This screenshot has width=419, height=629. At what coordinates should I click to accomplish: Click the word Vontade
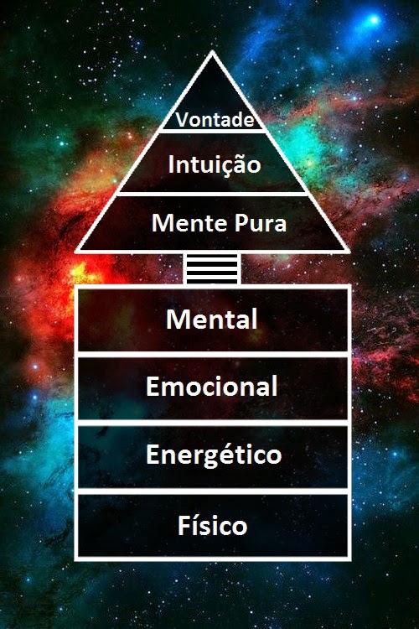click(215, 120)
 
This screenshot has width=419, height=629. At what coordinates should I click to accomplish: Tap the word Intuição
click(215, 165)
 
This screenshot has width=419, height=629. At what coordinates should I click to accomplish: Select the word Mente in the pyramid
click(189, 223)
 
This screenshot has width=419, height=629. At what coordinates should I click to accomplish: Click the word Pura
click(261, 223)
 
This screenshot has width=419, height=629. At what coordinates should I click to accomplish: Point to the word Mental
click(212, 320)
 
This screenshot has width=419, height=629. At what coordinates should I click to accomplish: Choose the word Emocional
click(212, 386)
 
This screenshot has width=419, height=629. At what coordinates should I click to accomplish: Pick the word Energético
click(214, 455)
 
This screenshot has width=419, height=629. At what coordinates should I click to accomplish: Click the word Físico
click(213, 525)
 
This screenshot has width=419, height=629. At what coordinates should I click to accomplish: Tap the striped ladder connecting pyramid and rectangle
click(212, 268)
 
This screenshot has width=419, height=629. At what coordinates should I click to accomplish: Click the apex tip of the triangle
click(212, 52)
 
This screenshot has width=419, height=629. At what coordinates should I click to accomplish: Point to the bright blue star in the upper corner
click(374, 19)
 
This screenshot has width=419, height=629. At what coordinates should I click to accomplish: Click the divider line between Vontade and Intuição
click(212, 131)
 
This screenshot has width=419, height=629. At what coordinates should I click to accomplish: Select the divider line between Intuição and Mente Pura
click(214, 194)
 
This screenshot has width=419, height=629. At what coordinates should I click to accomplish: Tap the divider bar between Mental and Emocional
click(213, 355)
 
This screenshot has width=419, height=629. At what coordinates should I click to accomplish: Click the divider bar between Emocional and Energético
click(213, 423)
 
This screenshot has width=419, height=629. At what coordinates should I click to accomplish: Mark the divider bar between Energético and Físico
click(213, 491)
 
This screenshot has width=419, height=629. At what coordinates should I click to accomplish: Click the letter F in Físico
click(184, 526)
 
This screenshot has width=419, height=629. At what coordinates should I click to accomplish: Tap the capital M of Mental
click(177, 320)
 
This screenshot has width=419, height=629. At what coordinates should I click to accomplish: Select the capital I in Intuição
click(171, 164)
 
